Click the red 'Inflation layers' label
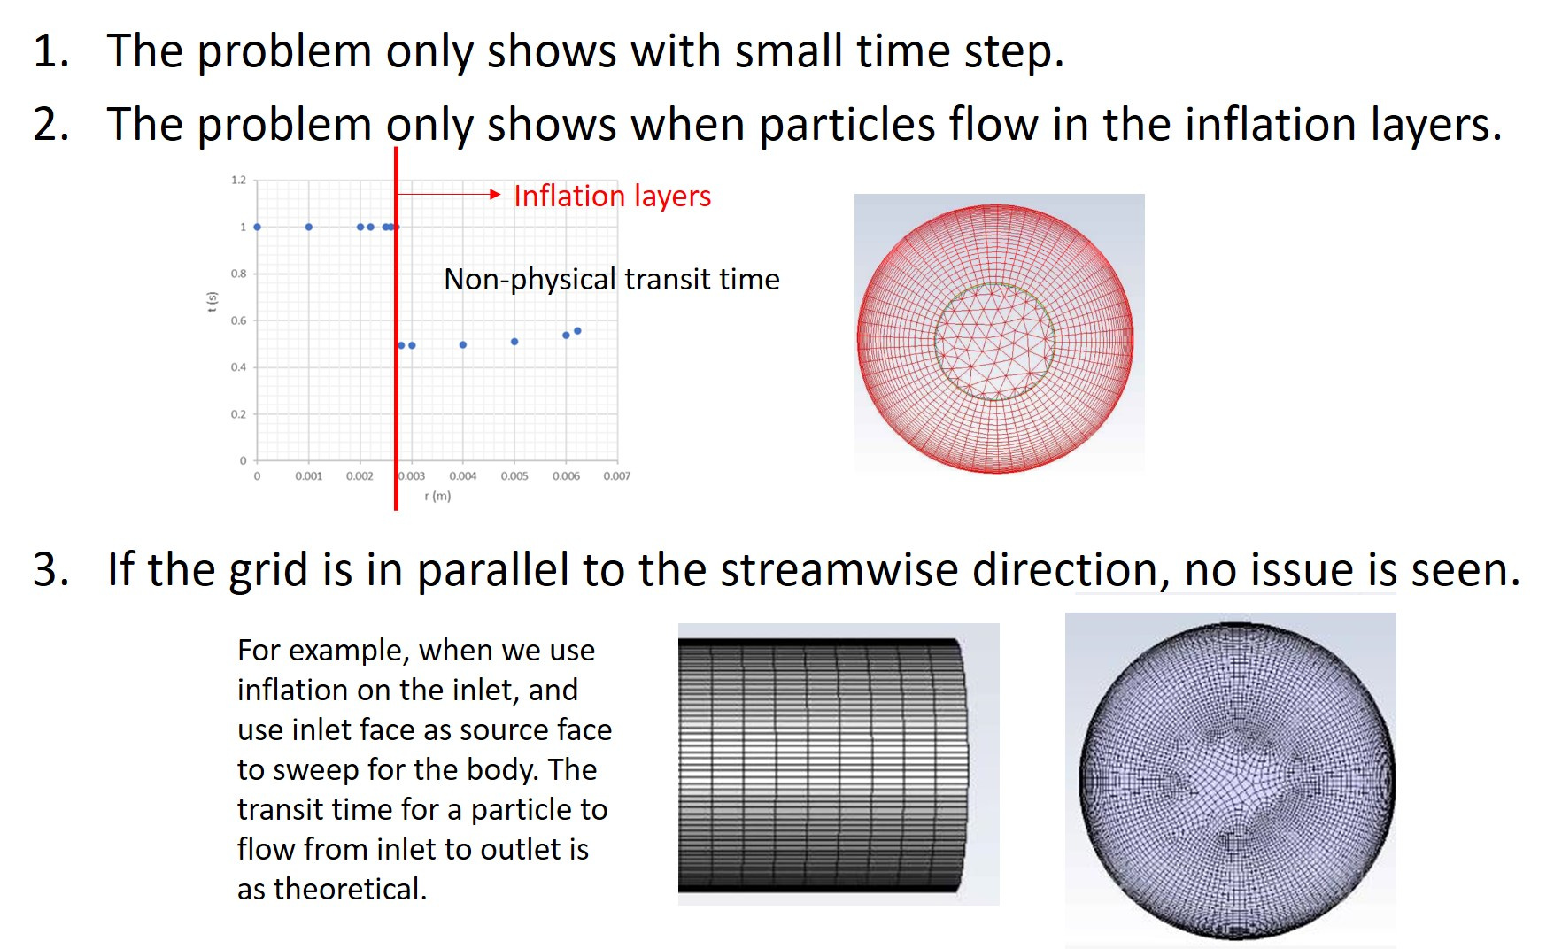(x=612, y=196)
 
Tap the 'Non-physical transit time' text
(x=612, y=280)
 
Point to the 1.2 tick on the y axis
(x=238, y=180)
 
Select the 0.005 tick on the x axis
(x=514, y=476)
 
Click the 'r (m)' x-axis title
(x=437, y=496)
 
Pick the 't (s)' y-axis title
(x=212, y=302)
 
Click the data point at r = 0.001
(x=308, y=228)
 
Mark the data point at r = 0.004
(x=463, y=345)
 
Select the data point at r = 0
(x=258, y=228)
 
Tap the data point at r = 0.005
(x=514, y=342)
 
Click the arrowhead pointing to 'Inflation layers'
(x=496, y=195)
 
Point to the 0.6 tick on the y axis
(x=238, y=320)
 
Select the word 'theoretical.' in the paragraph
(x=351, y=889)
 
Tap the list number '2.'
(x=51, y=124)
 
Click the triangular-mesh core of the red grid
(x=995, y=342)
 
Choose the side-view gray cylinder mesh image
(x=839, y=764)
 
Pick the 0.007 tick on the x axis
(x=617, y=476)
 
